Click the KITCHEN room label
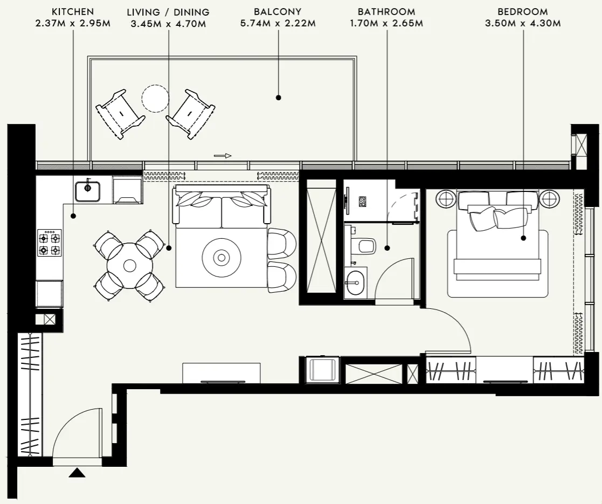tap(73, 11)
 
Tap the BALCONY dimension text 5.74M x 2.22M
tap(278, 23)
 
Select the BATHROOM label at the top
tap(386, 11)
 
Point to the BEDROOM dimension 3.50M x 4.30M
tap(522, 23)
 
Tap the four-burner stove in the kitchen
tap(49, 243)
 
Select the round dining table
tap(129, 265)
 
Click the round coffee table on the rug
tap(222, 258)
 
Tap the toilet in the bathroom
tap(366, 246)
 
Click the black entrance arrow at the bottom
tap(78, 473)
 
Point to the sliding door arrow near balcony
tap(223, 156)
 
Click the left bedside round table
tap(446, 199)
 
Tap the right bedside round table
tap(550, 199)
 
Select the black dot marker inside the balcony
tap(279, 98)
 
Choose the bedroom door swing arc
tap(450, 329)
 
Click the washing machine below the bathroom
tap(321, 370)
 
